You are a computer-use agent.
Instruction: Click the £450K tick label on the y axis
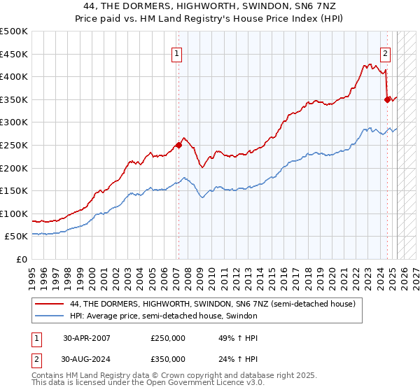pos(15,54)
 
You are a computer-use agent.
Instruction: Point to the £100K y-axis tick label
pos(15,213)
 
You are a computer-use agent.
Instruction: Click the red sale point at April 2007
pos(178,145)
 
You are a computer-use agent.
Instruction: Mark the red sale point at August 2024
pos(387,99)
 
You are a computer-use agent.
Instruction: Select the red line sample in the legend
pos(49,304)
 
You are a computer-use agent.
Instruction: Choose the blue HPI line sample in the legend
pos(49,316)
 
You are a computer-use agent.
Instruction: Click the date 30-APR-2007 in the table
pos(87,338)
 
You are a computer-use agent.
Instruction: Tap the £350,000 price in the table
pos(168,359)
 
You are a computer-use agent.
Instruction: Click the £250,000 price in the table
pos(168,338)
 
